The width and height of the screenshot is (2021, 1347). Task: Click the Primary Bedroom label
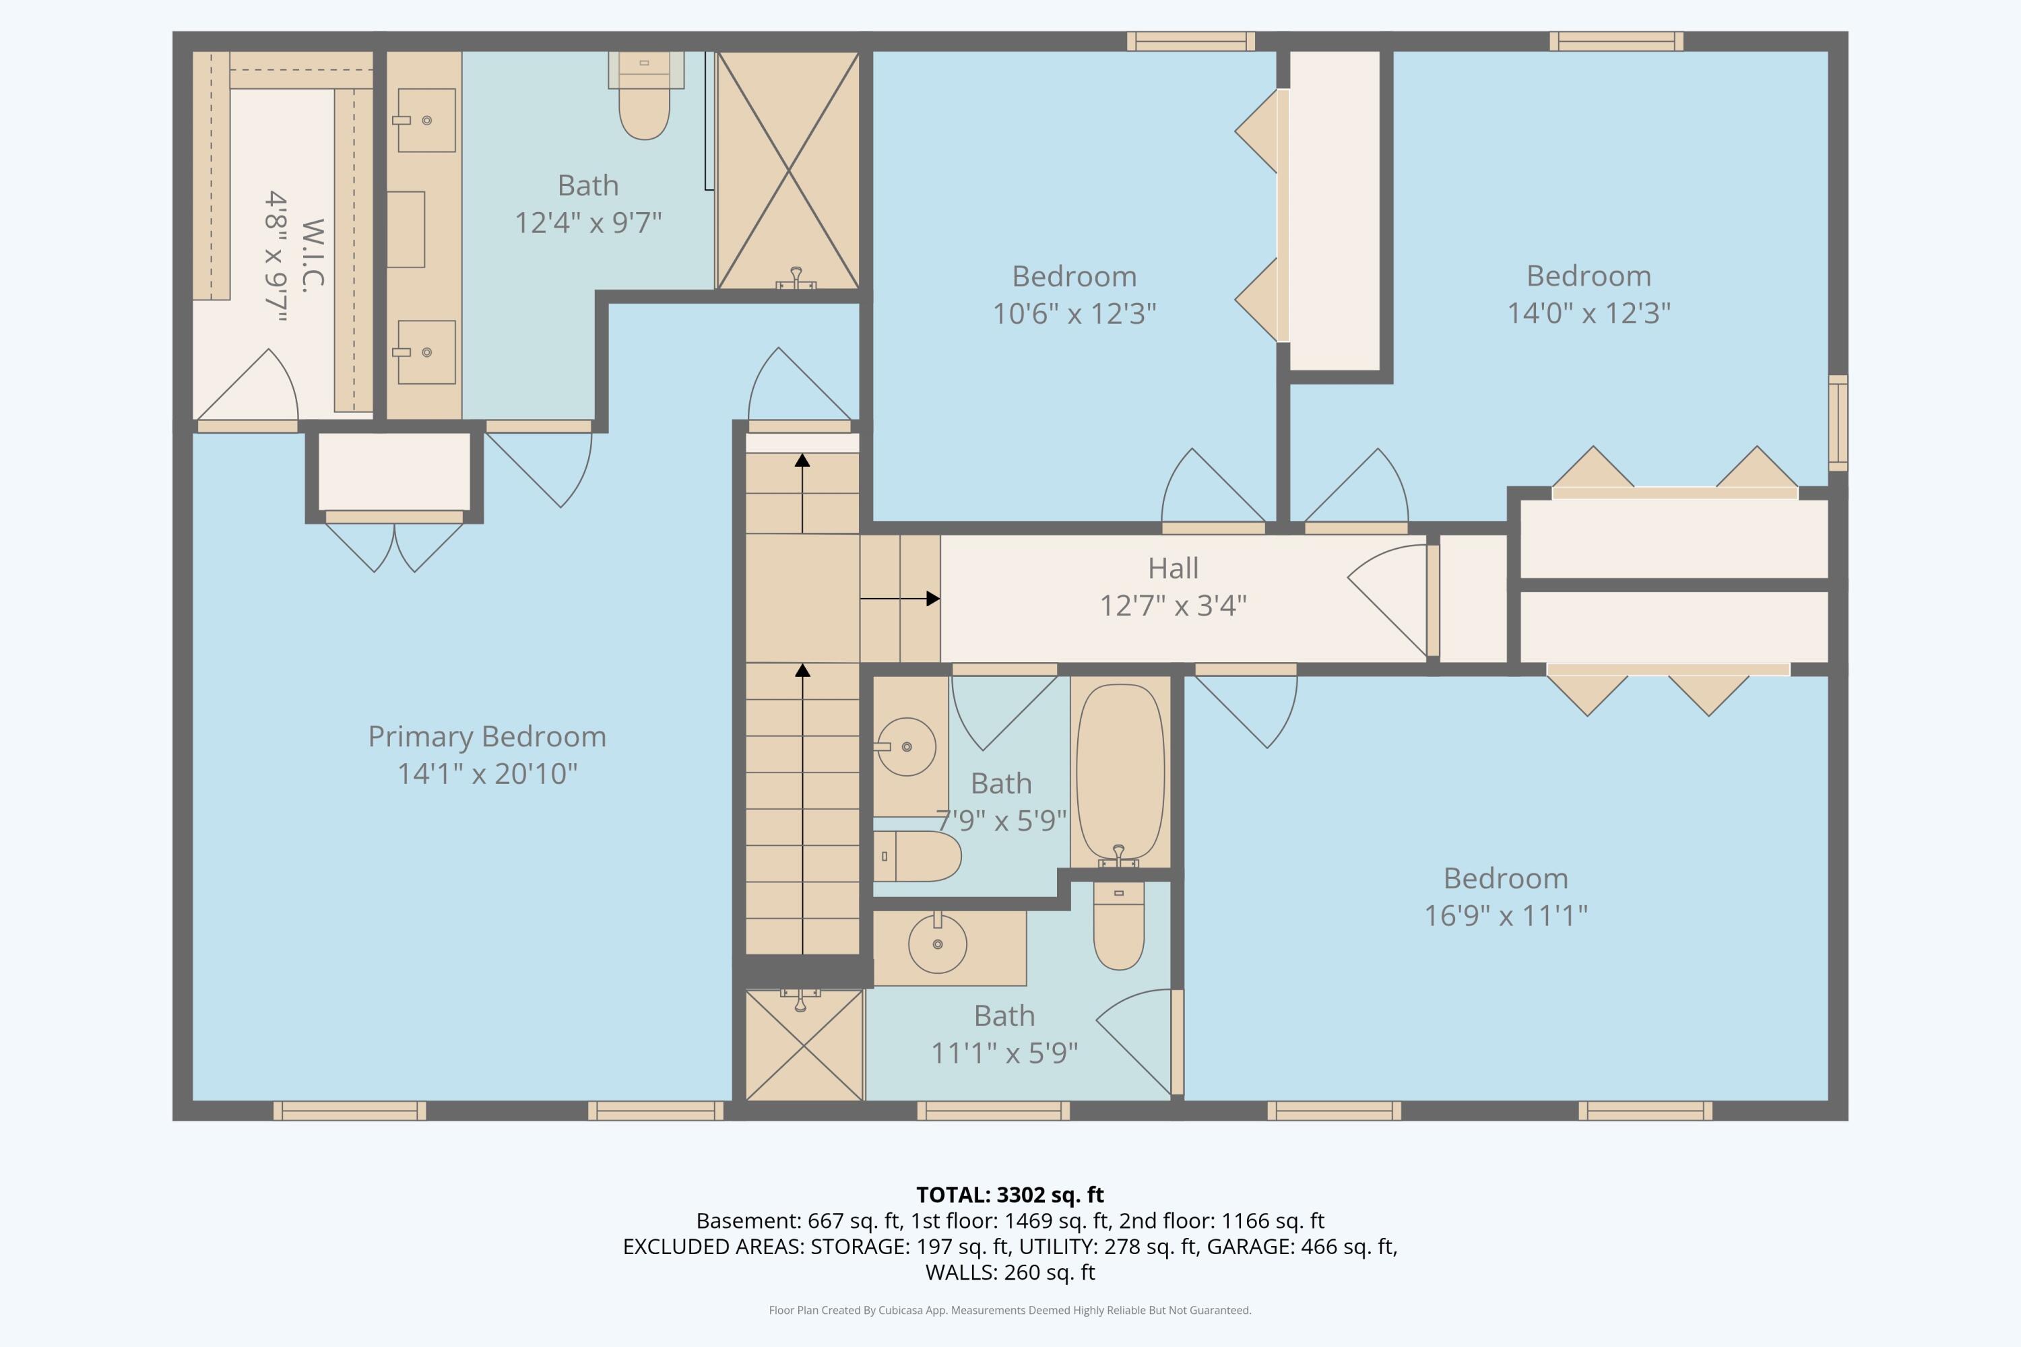click(x=487, y=736)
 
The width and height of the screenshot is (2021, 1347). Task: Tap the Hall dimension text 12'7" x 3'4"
click(x=1173, y=605)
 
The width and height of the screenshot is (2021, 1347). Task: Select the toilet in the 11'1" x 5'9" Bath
click(x=1119, y=926)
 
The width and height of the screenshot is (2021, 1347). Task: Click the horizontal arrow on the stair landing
click(x=899, y=599)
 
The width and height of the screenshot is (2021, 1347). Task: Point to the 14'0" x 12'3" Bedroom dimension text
click(x=1589, y=313)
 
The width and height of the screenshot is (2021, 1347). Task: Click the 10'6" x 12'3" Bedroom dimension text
click(x=1074, y=314)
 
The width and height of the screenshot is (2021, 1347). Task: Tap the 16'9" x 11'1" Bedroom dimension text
click(x=1506, y=916)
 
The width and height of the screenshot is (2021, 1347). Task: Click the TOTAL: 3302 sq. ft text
click(x=1010, y=1195)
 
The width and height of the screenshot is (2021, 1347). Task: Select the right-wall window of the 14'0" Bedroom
click(x=1838, y=423)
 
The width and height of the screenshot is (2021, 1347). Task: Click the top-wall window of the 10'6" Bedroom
click(x=1191, y=41)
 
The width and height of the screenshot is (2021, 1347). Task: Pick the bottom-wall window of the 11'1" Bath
click(x=993, y=1111)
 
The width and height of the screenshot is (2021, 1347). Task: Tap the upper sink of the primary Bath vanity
click(x=426, y=121)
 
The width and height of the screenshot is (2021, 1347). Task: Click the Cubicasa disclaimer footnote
click(x=1010, y=1310)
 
